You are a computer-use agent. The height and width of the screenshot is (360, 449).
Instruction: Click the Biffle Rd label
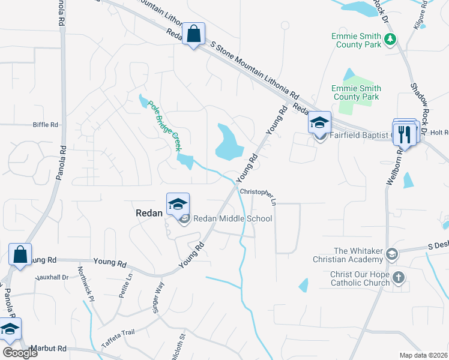(46, 125)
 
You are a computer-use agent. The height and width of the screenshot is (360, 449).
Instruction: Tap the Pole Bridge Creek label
(164, 125)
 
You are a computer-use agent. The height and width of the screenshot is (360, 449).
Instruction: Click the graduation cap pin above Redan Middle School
(178, 205)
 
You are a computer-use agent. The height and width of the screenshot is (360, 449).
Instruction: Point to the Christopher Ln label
(258, 196)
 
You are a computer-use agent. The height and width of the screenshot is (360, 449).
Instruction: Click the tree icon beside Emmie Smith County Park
(391, 40)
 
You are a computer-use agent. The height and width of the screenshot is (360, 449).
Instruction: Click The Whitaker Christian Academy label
(350, 255)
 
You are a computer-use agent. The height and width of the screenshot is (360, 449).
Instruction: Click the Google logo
(19, 353)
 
